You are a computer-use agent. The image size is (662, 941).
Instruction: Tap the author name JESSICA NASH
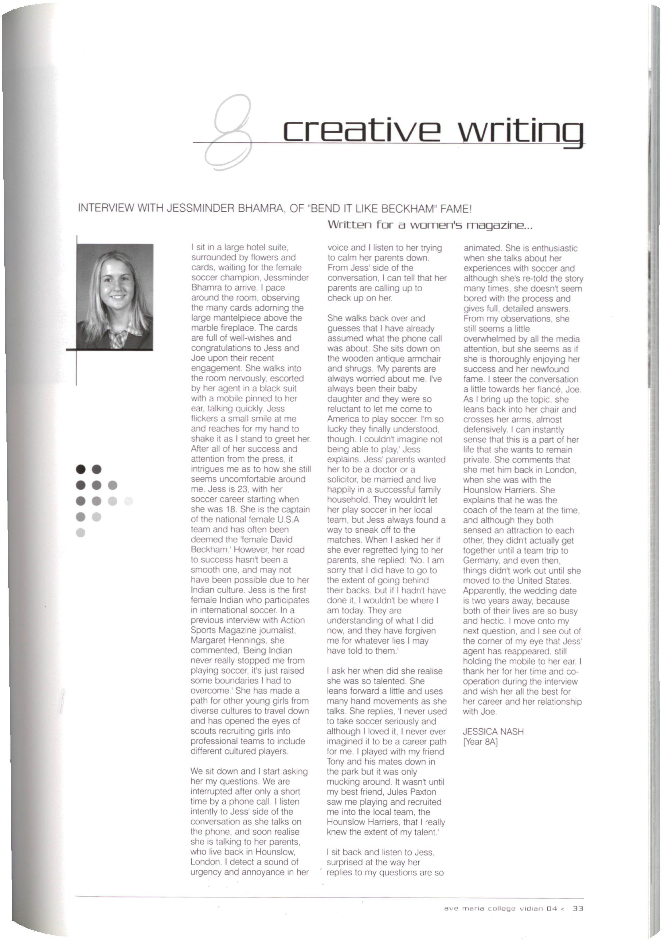click(x=493, y=732)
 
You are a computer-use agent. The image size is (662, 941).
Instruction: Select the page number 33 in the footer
click(x=578, y=909)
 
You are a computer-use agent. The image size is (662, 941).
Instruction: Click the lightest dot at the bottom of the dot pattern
click(x=81, y=532)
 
